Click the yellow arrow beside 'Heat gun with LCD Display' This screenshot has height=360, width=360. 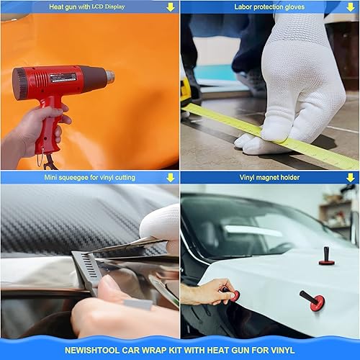[x=171, y=7]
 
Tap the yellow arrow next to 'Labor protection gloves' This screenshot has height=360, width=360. [x=351, y=7]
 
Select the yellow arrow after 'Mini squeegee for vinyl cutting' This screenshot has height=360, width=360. [x=171, y=177]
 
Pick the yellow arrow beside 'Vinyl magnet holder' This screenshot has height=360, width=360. [x=351, y=177]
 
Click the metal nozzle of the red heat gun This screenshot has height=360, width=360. [x=109, y=75]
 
